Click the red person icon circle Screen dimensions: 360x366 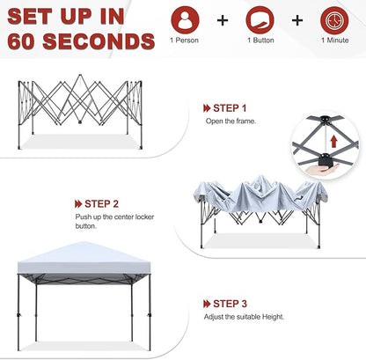(x=186, y=19)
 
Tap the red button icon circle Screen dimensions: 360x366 (x=260, y=19)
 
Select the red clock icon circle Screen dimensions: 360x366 (x=334, y=19)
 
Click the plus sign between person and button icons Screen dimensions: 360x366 (x=223, y=19)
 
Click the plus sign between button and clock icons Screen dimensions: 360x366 (x=297, y=19)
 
